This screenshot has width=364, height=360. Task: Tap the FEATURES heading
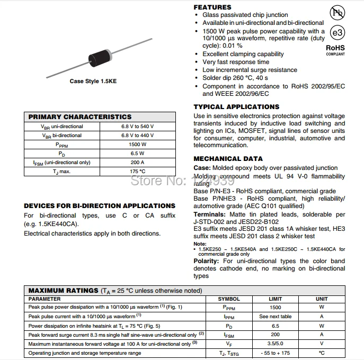[x=212, y=7]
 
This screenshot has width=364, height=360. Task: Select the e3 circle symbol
[x=336, y=32]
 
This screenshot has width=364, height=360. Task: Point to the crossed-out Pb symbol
[x=336, y=13]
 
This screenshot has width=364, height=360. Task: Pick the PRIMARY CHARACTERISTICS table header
[x=79, y=117]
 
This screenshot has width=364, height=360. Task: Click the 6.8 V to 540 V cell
[x=137, y=127]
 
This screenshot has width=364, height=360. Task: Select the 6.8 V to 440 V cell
[x=137, y=136]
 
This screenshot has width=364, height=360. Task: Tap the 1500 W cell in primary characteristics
[x=137, y=145]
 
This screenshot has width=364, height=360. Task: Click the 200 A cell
[x=137, y=163]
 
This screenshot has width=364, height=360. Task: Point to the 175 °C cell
[x=137, y=172]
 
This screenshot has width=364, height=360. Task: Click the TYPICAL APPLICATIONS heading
[x=236, y=107]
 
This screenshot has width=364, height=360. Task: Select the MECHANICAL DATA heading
[x=228, y=159]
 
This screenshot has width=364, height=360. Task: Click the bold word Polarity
[x=206, y=261]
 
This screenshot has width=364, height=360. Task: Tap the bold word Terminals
[x=210, y=214]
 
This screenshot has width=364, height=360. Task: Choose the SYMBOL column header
[x=229, y=299]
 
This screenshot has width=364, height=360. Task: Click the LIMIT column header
[x=276, y=299]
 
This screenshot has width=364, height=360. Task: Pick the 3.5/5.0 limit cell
[x=276, y=344]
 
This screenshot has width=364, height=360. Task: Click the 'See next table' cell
[x=276, y=317]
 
